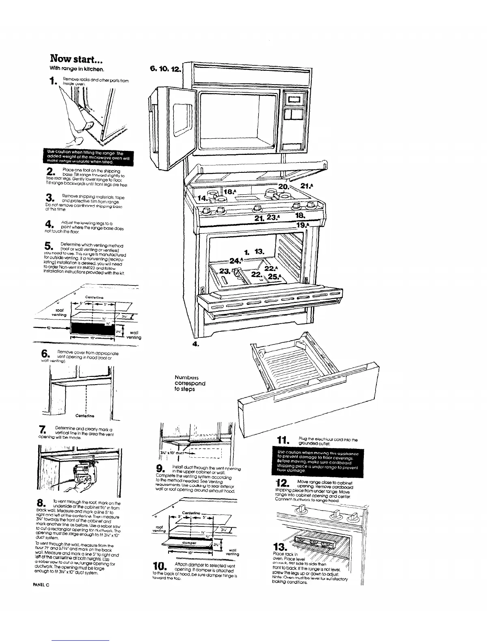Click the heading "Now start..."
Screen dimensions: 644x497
pyautogui.click(x=79, y=59)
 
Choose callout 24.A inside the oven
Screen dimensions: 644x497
pyautogui.click(x=236, y=260)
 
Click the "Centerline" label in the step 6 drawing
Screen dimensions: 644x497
pyautogui.click(x=85, y=416)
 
